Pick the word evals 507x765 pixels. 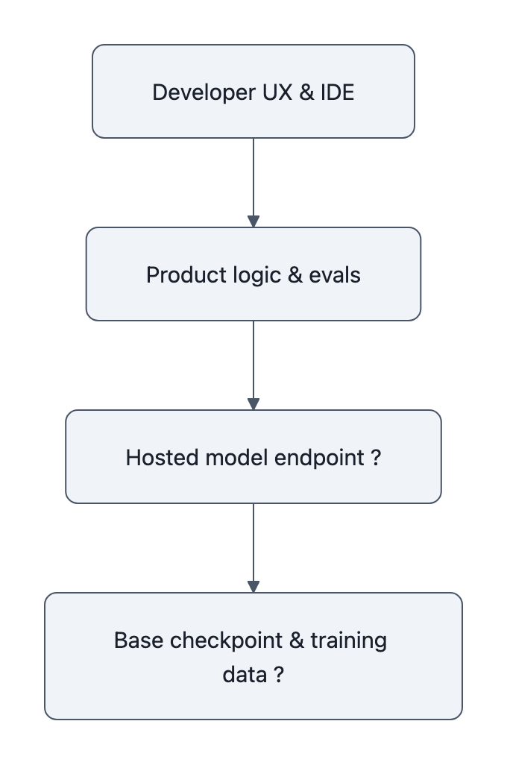(x=335, y=275)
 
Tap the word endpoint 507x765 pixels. (x=318, y=457)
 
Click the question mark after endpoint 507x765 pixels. (x=375, y=457)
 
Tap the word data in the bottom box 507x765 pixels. (x=244, y=675)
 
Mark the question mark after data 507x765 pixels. (x=277, y=675)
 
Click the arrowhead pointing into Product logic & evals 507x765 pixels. (x=253, y=221)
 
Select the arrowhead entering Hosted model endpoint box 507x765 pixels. (x=253, y=404)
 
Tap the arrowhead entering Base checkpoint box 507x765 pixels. (x=253, y=587)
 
